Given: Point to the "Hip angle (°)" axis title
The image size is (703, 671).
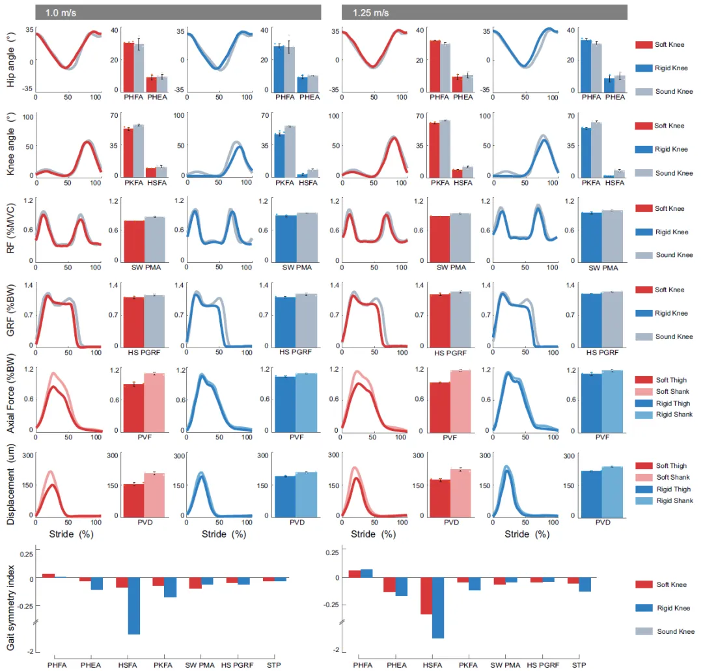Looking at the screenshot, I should (x=11, y=59).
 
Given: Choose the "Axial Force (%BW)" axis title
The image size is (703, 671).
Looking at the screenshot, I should (x=11, y=400).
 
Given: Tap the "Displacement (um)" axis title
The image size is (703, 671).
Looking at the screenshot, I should (x=11, y=484).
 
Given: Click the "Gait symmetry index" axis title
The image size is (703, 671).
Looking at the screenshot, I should (x=11, y=602).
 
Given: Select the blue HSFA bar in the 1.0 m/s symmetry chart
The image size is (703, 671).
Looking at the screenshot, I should (x=133, y=606).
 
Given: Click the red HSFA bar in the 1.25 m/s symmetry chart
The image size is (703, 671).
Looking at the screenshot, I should (x=426, y=596).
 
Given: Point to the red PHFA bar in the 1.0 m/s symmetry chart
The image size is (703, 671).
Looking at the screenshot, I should (x=48, y=575).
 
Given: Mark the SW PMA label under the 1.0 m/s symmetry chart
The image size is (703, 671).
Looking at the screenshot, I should (x=199, y=665).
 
